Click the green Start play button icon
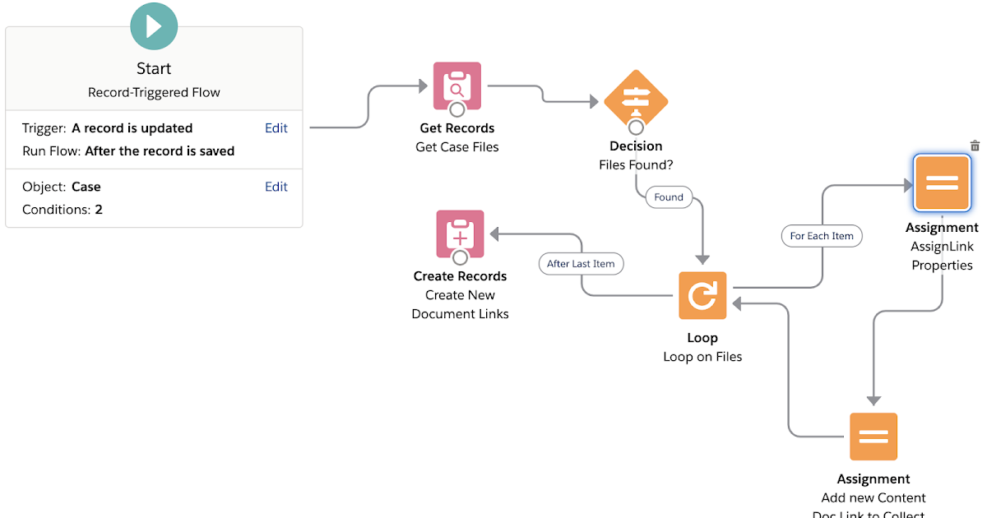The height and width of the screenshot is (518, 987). (154, 25)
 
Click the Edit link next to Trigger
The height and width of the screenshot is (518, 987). (276, 128)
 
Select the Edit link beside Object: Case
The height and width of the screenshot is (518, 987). (276, 187)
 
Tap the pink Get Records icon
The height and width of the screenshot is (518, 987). (457, 85)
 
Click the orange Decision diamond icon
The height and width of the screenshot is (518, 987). (636, 100)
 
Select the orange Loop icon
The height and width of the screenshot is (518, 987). (702, 295)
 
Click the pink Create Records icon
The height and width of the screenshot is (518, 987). (460, 234)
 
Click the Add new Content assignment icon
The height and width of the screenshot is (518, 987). (873, 437)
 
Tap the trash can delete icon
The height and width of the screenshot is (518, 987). (975, 146)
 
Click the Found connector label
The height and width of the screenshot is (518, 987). (669, 197)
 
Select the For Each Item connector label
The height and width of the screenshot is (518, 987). (822, 236)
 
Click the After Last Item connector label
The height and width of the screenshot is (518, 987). (581, 264)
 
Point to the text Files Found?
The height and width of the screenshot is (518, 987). (636, 164)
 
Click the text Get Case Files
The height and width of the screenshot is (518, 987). (457, 147)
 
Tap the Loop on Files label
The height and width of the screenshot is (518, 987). (702, 357)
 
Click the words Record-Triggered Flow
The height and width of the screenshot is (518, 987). (154, 92)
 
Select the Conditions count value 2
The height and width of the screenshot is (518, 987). (99, 210)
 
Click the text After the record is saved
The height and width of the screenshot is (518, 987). (160, 151)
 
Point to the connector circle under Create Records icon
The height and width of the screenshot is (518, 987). (460, 258)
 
